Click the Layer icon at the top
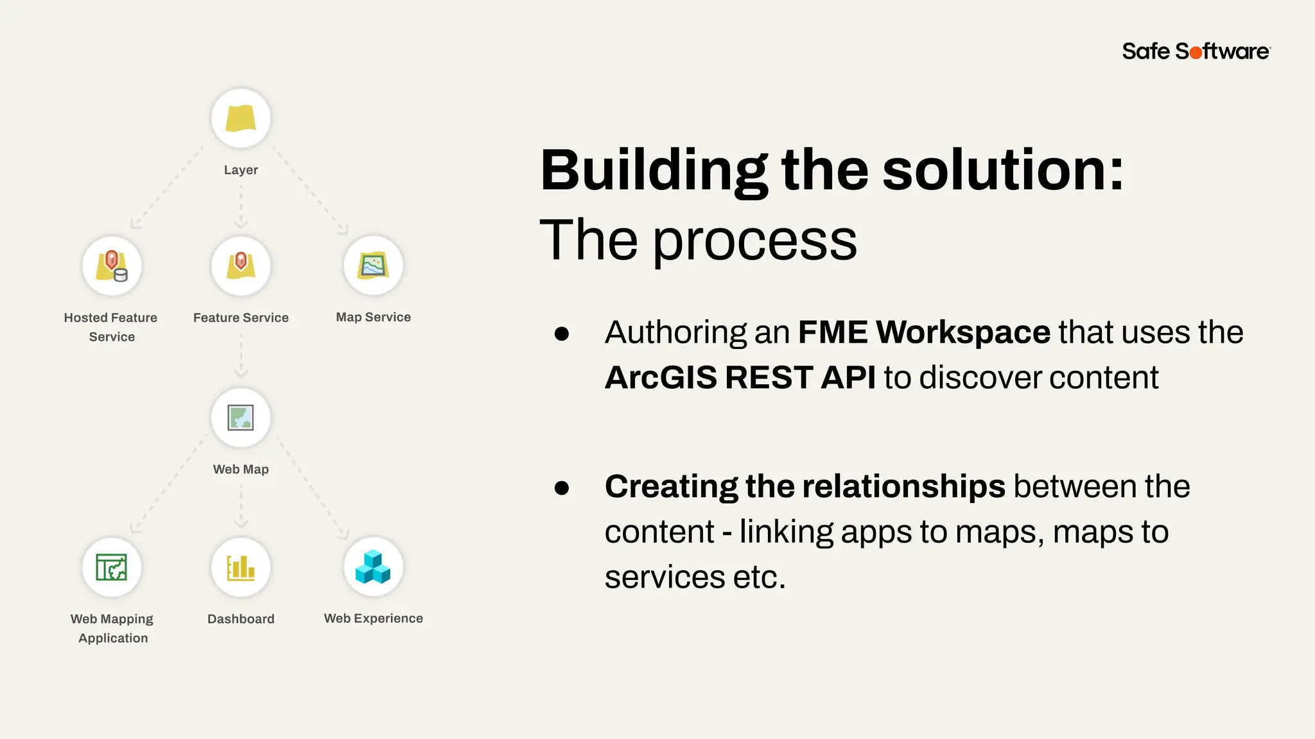(241, 119)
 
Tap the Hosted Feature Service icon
(112, 266)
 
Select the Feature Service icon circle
(241, 266)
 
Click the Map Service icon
(373, 266)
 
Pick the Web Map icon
(241, 418)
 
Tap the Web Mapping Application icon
(112, 567)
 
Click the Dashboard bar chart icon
(241, 567)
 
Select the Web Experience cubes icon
(373, 567)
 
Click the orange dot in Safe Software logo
(1196, 53)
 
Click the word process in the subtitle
(755, 240)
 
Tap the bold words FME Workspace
(924, 332)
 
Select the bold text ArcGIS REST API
(740, 377)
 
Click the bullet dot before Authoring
(562, 334)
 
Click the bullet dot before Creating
(562, 488)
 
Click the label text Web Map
(241, 469)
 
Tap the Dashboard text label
(241, 619)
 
